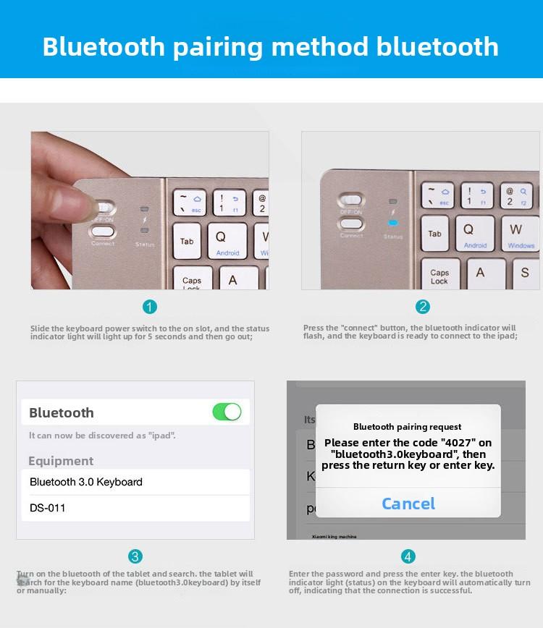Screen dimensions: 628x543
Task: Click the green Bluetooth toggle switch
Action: click(227, 412)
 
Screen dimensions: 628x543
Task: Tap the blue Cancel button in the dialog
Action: click(408, 504)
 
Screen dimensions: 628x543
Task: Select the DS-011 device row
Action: click(135, 508)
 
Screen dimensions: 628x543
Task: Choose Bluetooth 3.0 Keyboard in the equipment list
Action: click(135, 482)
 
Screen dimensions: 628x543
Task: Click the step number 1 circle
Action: click(150, 307)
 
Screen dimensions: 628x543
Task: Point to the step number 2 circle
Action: click(423, 307)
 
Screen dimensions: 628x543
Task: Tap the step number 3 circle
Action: click(135, 556)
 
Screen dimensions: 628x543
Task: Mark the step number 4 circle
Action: click(408, 556)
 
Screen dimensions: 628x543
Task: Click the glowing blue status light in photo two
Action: click(393, 223)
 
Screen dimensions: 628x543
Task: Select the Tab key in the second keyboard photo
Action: click(435, 234)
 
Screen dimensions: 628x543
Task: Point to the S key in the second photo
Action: click(524, 273)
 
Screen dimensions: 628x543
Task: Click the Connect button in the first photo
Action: click(103, 232)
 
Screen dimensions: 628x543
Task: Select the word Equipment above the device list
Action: click(61, 461)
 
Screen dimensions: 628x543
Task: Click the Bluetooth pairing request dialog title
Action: click(408, 427)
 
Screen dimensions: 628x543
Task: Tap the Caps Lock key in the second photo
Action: click(440, 276)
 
